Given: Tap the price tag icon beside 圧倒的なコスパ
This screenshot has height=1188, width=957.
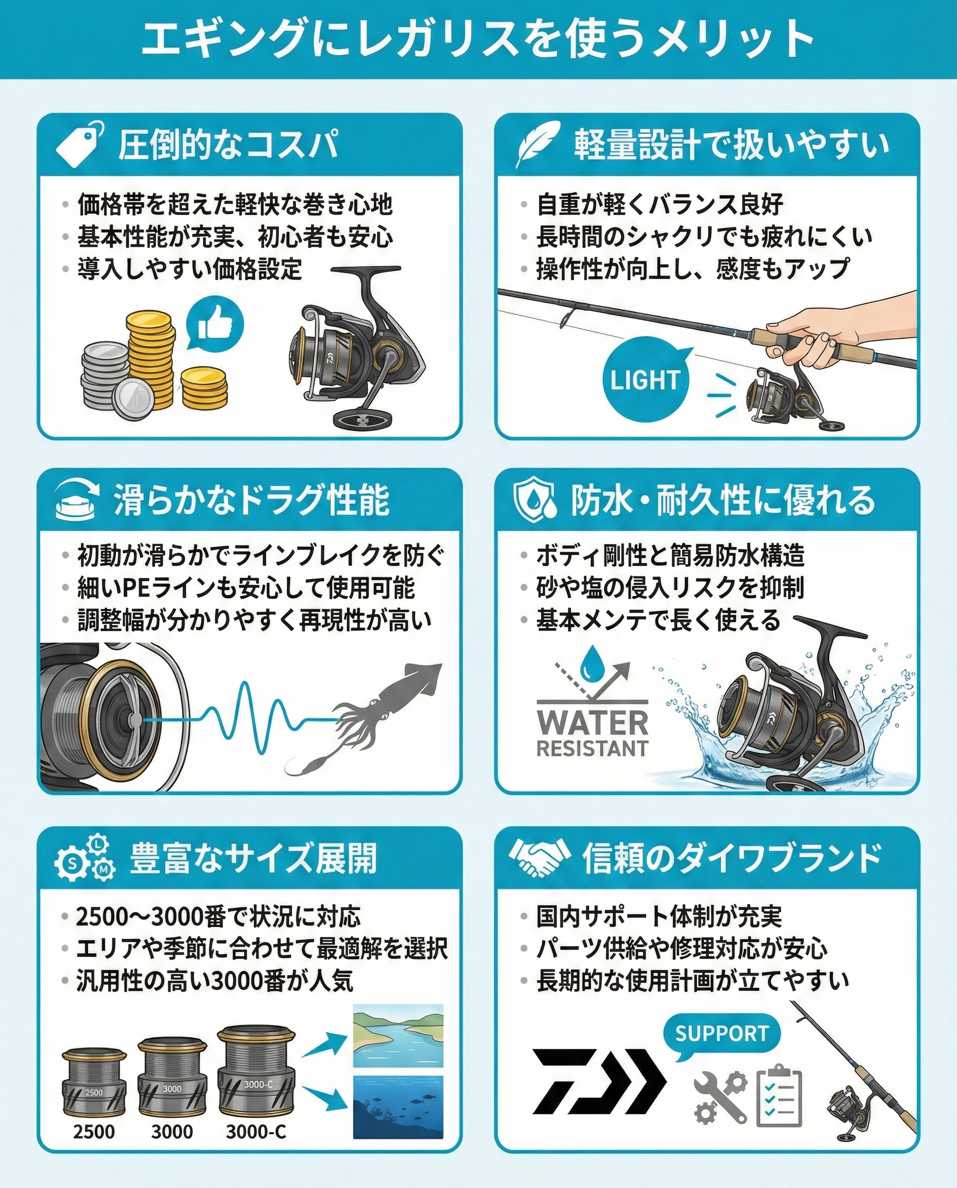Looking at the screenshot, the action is point(80,143).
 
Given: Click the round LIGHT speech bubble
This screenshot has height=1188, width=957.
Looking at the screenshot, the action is point(646,379).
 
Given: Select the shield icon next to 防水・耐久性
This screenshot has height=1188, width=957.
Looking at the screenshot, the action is point(533,500).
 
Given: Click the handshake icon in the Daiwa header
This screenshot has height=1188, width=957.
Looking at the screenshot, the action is point(539,858).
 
